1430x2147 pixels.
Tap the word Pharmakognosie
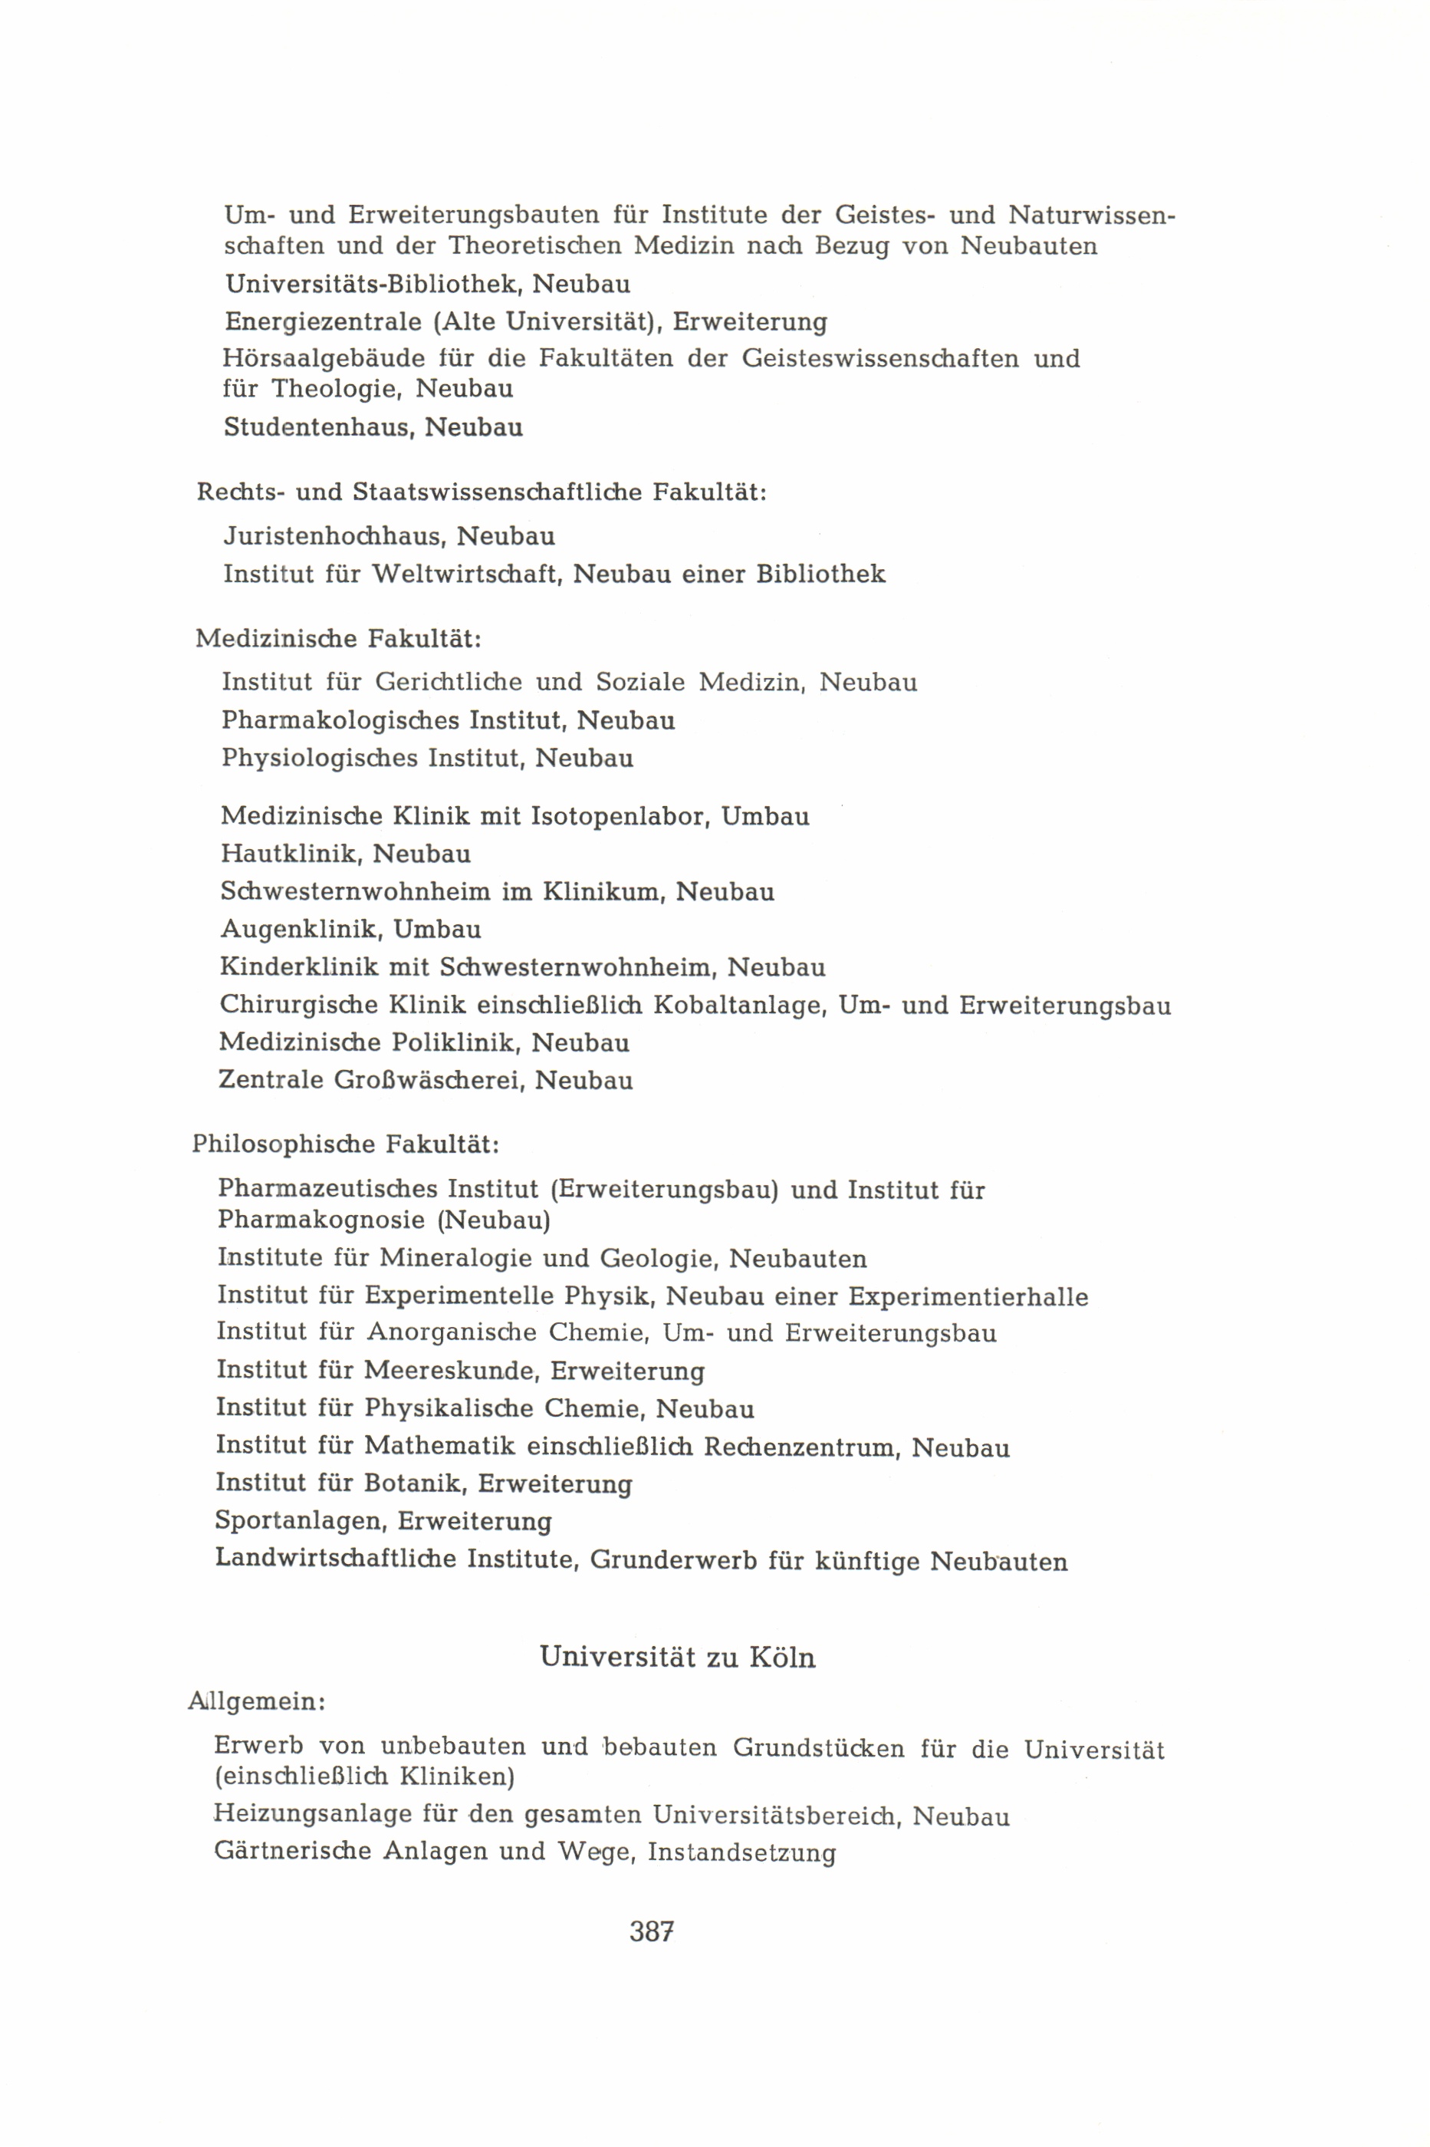click(322, 1220)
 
